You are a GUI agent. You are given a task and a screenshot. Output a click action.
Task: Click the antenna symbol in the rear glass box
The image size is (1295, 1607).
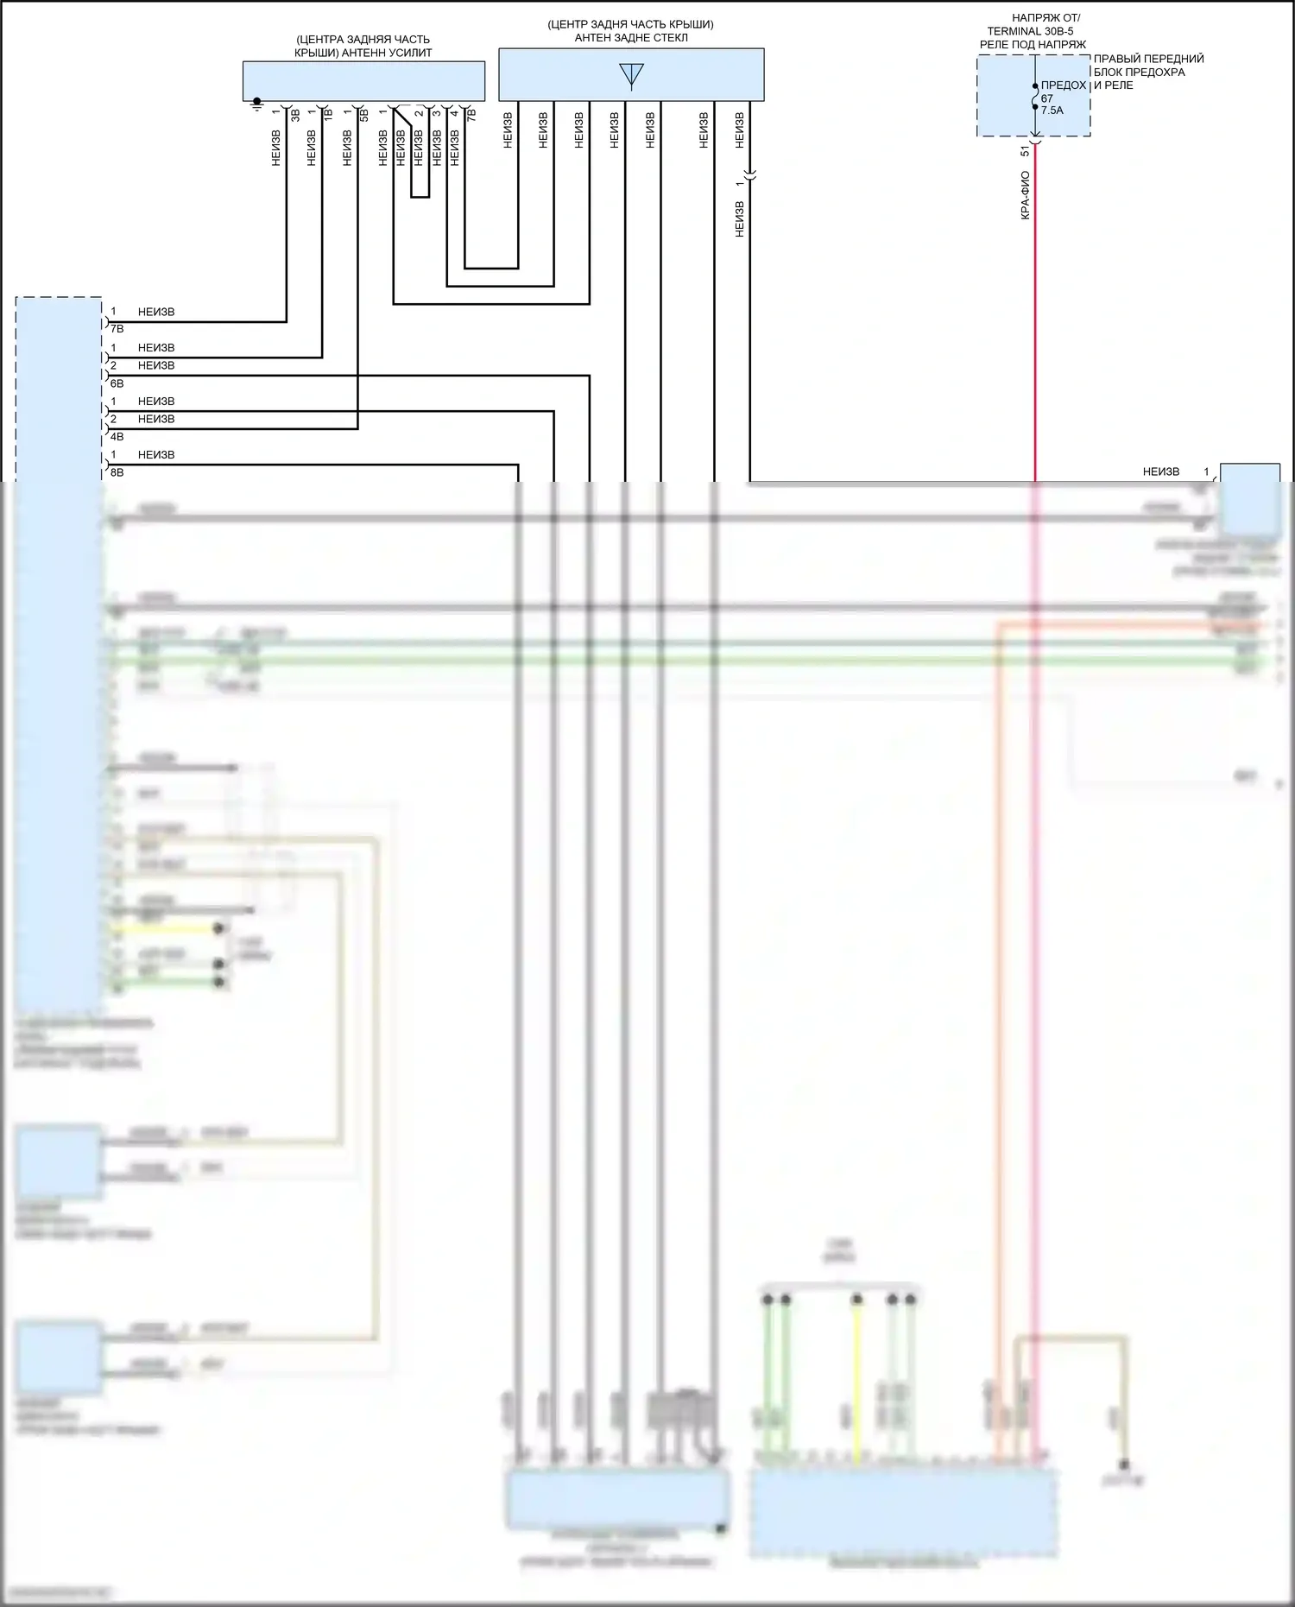631,75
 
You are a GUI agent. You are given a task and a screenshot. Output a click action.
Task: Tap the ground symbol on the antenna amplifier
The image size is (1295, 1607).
256,104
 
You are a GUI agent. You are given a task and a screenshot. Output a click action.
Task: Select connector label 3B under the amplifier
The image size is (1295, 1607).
295,114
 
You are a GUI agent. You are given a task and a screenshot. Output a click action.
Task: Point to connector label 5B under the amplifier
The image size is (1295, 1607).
364,114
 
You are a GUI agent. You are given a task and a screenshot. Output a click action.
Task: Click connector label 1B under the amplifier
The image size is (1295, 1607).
328,113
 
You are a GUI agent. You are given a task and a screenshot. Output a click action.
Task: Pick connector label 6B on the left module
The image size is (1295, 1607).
117,383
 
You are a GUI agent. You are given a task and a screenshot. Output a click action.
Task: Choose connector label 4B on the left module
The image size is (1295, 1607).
117,437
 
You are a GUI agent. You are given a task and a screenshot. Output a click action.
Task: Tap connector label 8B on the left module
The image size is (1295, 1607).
117,473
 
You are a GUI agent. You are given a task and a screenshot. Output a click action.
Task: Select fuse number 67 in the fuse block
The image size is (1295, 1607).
1046,98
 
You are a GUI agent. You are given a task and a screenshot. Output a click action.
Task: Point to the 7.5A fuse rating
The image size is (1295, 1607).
1052,111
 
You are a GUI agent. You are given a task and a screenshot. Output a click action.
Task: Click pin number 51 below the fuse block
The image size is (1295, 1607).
1025,151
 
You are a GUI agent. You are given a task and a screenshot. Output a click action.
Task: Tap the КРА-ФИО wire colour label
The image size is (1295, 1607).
1025,195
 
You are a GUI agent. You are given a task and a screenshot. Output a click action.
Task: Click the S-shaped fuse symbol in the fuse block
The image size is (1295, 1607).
1035,97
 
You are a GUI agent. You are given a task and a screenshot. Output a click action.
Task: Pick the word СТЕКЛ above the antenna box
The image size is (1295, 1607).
670,37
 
